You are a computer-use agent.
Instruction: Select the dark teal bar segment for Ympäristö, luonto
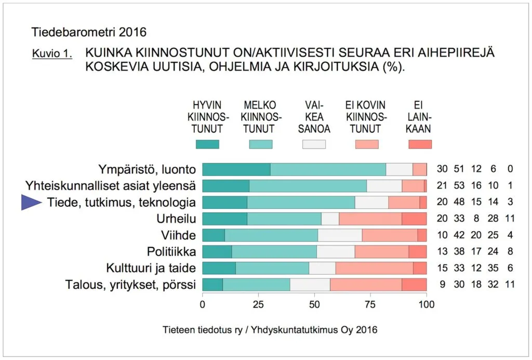[236, 169]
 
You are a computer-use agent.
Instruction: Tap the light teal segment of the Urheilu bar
[284, 219]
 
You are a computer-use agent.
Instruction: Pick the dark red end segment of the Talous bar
[414, 285]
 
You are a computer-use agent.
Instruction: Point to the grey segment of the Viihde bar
[340, 235]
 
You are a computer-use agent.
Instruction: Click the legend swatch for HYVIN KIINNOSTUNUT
[207, 144]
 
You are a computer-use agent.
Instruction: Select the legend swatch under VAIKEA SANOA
[314, 144]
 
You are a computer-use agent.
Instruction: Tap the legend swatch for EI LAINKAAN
[420, 144]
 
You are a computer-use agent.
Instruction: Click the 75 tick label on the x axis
[370, 304]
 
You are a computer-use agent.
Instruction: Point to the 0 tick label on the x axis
[202, 304]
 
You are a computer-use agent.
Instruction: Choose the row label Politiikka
[171, 252]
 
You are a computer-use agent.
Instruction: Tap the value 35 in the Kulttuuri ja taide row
[495, 268]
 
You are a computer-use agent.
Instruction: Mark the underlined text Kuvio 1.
[52, 54]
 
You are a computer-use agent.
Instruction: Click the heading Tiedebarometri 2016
[89, 32]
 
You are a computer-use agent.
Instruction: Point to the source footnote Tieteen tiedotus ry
[270, 330]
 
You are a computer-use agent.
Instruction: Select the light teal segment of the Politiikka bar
[274, 252]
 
